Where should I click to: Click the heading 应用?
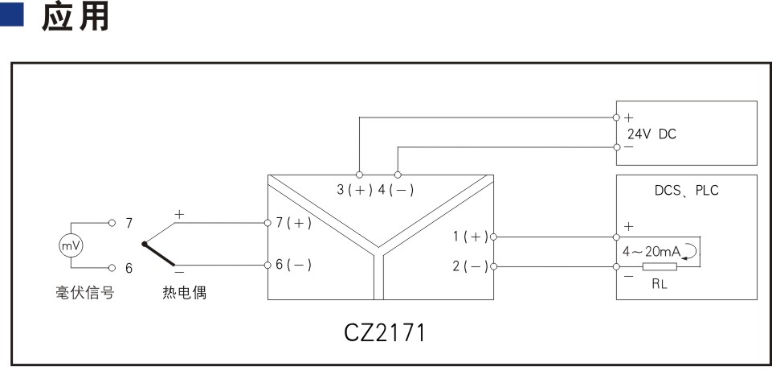pos(75,17)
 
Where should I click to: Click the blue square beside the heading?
pos(11,14)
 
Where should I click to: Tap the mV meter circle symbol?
pos(71,245)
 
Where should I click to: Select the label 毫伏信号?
pos(84,293)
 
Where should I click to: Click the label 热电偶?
pos(184,293)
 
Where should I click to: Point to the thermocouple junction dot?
pos(145,244)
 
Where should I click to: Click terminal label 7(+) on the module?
pos(293,223)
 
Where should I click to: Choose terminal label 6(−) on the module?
pos(293,265)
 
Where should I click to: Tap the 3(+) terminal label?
pos(354,190)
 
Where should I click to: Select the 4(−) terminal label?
pos(396,190)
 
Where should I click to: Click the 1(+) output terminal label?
pos(471,237)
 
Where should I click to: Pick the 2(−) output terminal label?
pos(471,267)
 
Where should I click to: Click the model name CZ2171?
pos(384,332)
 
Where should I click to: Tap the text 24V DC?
pos(652,134)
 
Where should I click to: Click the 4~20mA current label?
pos(651,252)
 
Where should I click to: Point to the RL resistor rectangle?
pos(660,267)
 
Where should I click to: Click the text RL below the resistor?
pos(660,285)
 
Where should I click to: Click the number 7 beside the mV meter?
pos(129,224)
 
